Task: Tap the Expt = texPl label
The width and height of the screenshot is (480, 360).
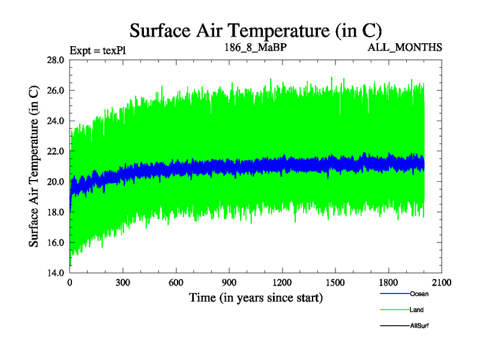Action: coord(97,50)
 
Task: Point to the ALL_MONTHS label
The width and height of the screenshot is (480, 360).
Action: coord(405,47)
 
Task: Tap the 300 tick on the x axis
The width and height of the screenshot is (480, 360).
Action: coord(123,282)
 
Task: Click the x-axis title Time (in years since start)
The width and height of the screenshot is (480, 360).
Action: coord(256,297)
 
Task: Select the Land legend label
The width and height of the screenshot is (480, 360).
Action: coord(416,310)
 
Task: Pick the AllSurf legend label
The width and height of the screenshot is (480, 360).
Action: coord(419,326)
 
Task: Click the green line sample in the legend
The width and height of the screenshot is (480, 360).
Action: coord(394,310)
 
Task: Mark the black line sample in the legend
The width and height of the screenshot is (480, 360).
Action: coord(394,326)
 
